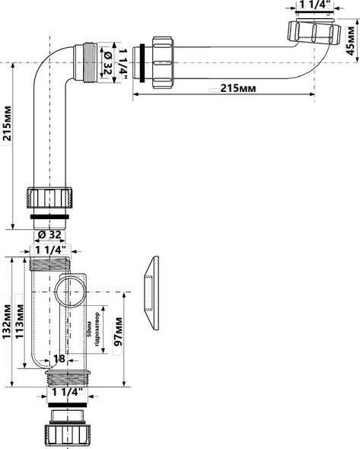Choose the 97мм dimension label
[118, 333]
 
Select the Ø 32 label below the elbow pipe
[51, 234]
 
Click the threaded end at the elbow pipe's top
[91, 58]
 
